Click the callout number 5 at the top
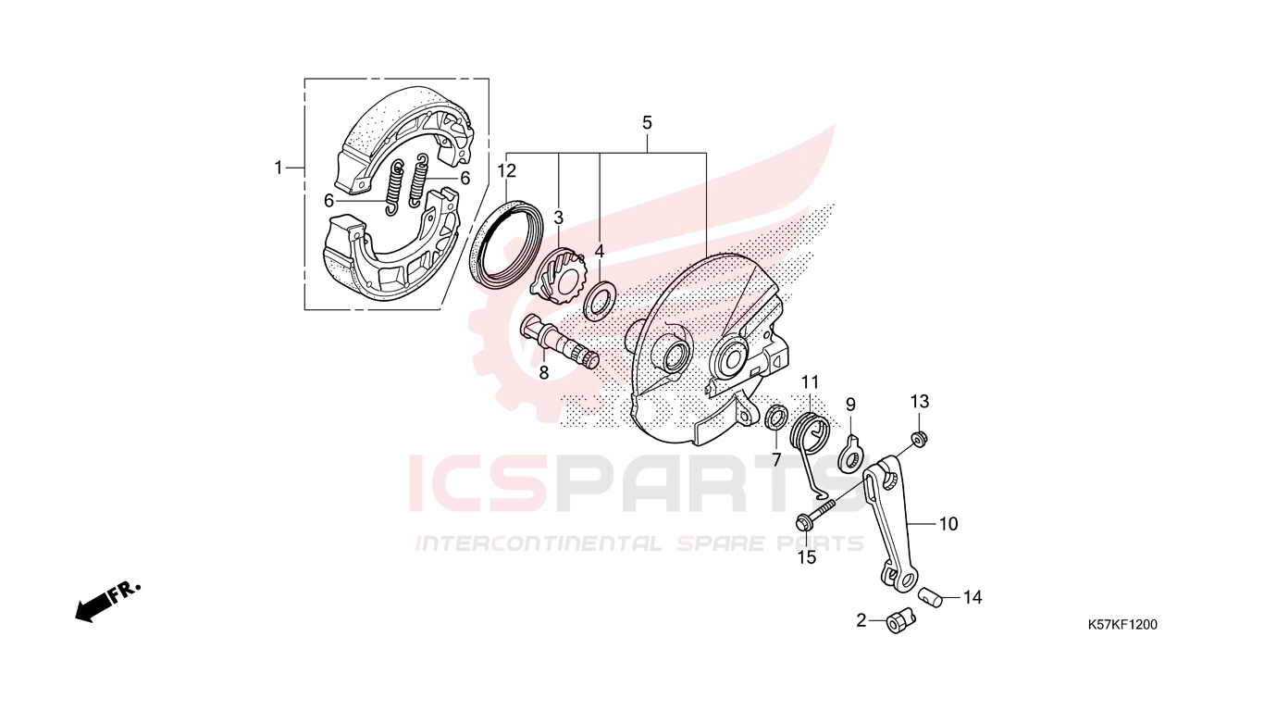[647, 122]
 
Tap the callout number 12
[507, 170]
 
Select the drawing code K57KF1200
[1122, 625]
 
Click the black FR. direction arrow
[107, 602]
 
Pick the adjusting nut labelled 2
[899, 621]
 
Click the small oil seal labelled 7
[776, 417]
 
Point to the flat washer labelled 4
[600, 300]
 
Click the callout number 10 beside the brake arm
[948, 524]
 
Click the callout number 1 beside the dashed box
[278, 168]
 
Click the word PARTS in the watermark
[710, 484]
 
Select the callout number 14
[973, 597]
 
